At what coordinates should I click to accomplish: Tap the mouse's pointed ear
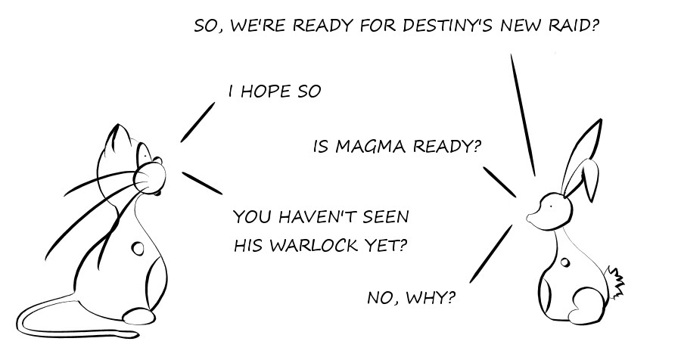tap(113, 139)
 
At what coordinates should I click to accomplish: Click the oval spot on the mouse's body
tap(138, 247)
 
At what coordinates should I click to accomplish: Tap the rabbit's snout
tap(533, 218)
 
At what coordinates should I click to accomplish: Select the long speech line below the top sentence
tap(523, 113)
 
